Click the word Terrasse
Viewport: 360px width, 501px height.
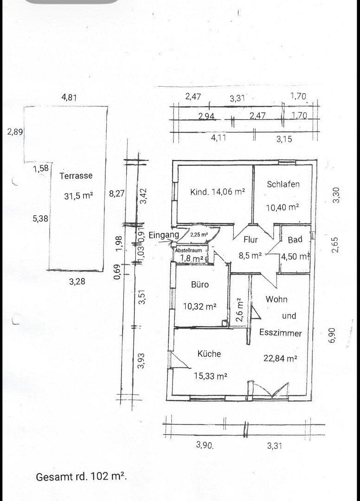(76, 176)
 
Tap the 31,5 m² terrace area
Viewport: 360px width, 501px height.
(78, 196)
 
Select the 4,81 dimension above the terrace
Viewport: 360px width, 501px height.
(69, 97)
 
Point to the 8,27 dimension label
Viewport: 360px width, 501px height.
(116, 194)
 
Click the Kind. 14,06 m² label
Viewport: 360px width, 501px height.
(217, 192)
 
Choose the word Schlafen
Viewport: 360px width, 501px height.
(283, 184)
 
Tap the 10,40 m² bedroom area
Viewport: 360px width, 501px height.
(282, 207)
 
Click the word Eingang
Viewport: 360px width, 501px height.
(164, 235)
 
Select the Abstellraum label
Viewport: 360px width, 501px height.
(188, 250)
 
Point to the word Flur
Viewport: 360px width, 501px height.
(251, 240)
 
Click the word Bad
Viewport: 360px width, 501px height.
(295, 240)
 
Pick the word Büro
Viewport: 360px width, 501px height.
(200, 284)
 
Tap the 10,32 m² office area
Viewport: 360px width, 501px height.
(200, 306)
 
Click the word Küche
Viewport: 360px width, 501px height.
(209, 354)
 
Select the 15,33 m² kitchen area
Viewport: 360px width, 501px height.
(210, 376)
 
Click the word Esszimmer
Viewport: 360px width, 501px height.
(281, 333)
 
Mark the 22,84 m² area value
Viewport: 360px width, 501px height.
(280, 358)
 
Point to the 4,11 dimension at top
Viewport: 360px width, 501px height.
(219, 137)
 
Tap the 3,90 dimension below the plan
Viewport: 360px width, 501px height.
(205, 445)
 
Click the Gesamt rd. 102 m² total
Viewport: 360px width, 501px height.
(82, 477)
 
